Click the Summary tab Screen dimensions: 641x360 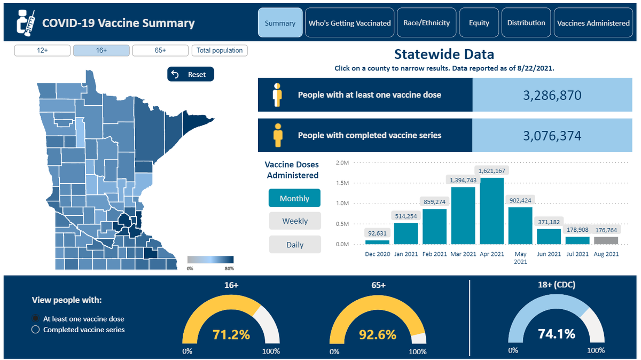coord(280,22)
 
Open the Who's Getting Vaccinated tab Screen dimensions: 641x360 coord(349,22)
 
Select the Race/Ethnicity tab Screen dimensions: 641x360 coord(426,22)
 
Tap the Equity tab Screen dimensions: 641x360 coord(479,22)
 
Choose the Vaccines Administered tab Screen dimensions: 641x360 coord(593,22)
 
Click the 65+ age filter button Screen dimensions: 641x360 coord(160,50)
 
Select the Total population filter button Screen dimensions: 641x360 coord(220,50)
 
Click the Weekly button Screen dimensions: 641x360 coord(295,221)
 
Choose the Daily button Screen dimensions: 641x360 coord(295,245)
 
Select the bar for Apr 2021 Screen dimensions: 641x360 coord(491,211)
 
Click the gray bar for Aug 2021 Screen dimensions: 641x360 coord(606,240)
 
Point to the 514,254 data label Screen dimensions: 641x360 coord(406,216)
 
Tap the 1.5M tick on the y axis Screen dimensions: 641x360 coord(342,183)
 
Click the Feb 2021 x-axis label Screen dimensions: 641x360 coord(434,254)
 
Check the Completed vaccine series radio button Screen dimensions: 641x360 coord(35,330)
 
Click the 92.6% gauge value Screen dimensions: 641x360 coord(378,334)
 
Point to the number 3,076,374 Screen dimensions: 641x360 coord(552,136)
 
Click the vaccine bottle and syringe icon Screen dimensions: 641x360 coord(26,23)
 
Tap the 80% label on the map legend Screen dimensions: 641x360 coord(229,269)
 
